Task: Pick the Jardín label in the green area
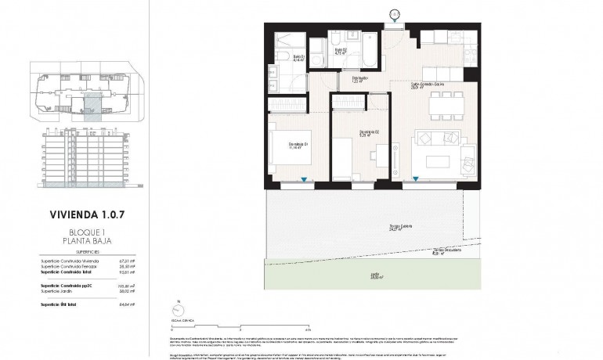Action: [376, 275]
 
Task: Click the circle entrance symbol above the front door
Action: [395, 13]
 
